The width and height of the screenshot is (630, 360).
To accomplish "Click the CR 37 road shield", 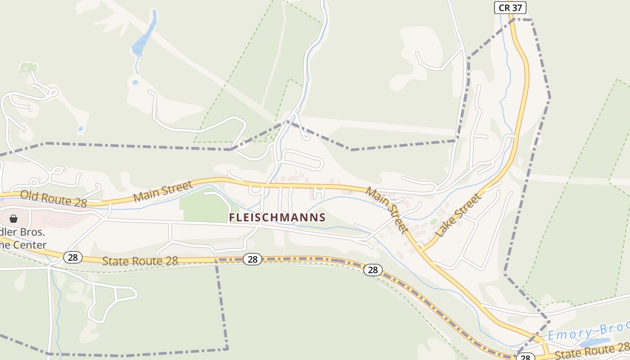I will click(510, 7).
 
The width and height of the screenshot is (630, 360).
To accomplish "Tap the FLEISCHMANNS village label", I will click(277, 217).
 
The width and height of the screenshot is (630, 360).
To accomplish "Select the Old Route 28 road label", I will click(54, 199).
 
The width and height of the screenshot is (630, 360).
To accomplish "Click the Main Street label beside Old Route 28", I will click(163, 192).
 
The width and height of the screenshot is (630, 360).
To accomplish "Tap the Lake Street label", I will click(459, 216).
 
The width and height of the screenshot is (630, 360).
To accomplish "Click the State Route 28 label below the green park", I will click(140, 261).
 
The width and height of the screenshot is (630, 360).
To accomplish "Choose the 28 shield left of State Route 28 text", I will click(72, 257).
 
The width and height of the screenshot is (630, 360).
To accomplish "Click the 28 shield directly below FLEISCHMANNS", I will click(252, 259).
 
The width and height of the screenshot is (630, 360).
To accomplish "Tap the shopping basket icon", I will click(13, 219).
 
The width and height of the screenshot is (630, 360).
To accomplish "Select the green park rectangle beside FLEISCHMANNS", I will click(205, 207).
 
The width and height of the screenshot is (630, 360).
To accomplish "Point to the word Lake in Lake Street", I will click(448, 226).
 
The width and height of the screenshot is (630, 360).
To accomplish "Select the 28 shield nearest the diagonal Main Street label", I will click(373, 270).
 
